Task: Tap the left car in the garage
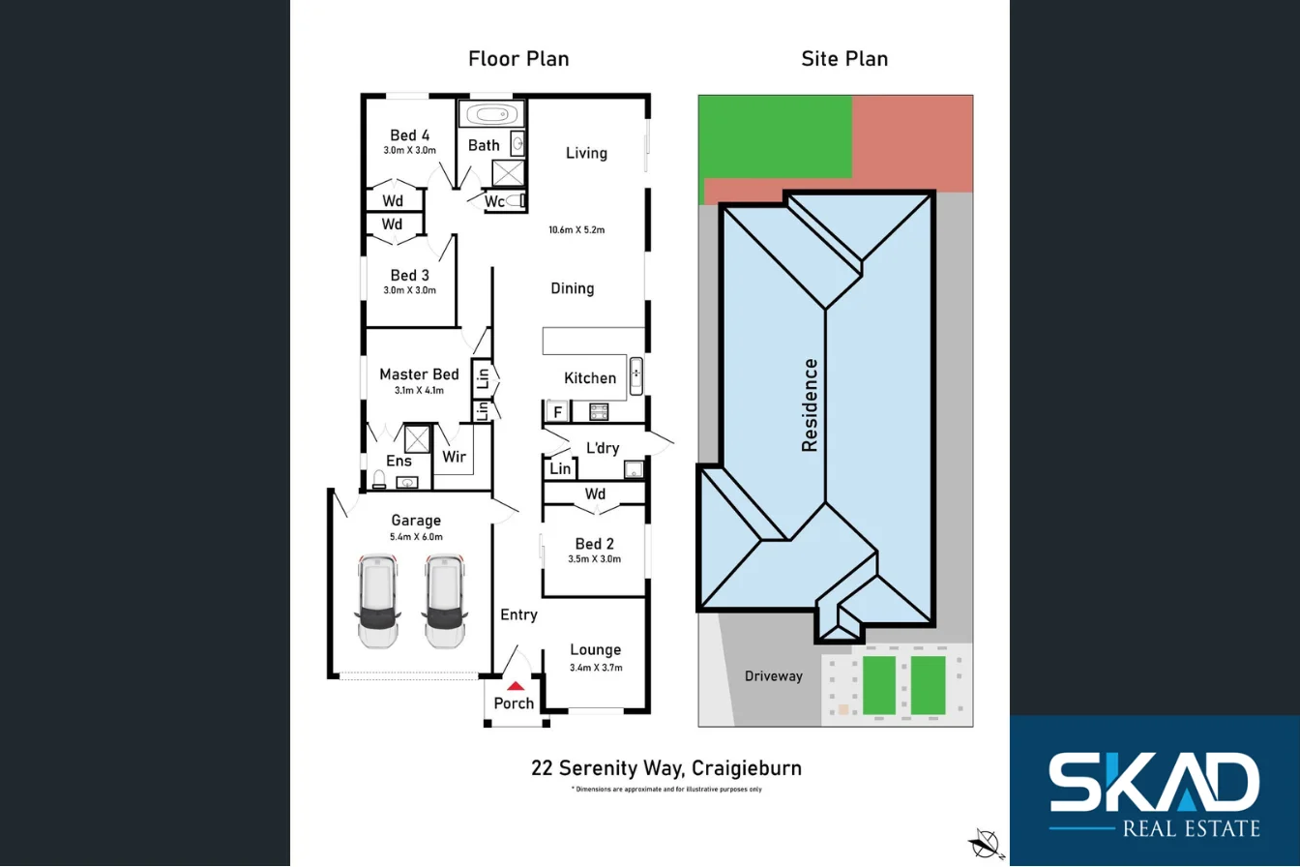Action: point(377,601)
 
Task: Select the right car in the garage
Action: point(443,601)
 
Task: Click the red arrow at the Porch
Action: point(515,685)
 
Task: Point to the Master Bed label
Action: point(419,374)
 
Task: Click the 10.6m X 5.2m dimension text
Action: point(576,229)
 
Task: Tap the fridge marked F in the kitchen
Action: point(557,412)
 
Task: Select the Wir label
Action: point(455,456)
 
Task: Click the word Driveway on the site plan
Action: point(774,676)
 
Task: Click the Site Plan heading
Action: point(844,59)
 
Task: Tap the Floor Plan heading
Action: point(518,59)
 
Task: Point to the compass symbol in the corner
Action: point(985,841)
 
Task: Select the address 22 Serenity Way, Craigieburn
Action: point(666,769)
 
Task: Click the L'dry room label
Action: point(603,447)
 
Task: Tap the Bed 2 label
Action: point(595,544)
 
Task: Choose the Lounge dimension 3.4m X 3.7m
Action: point(596,668)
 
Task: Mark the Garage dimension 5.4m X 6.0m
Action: point(417,537)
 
